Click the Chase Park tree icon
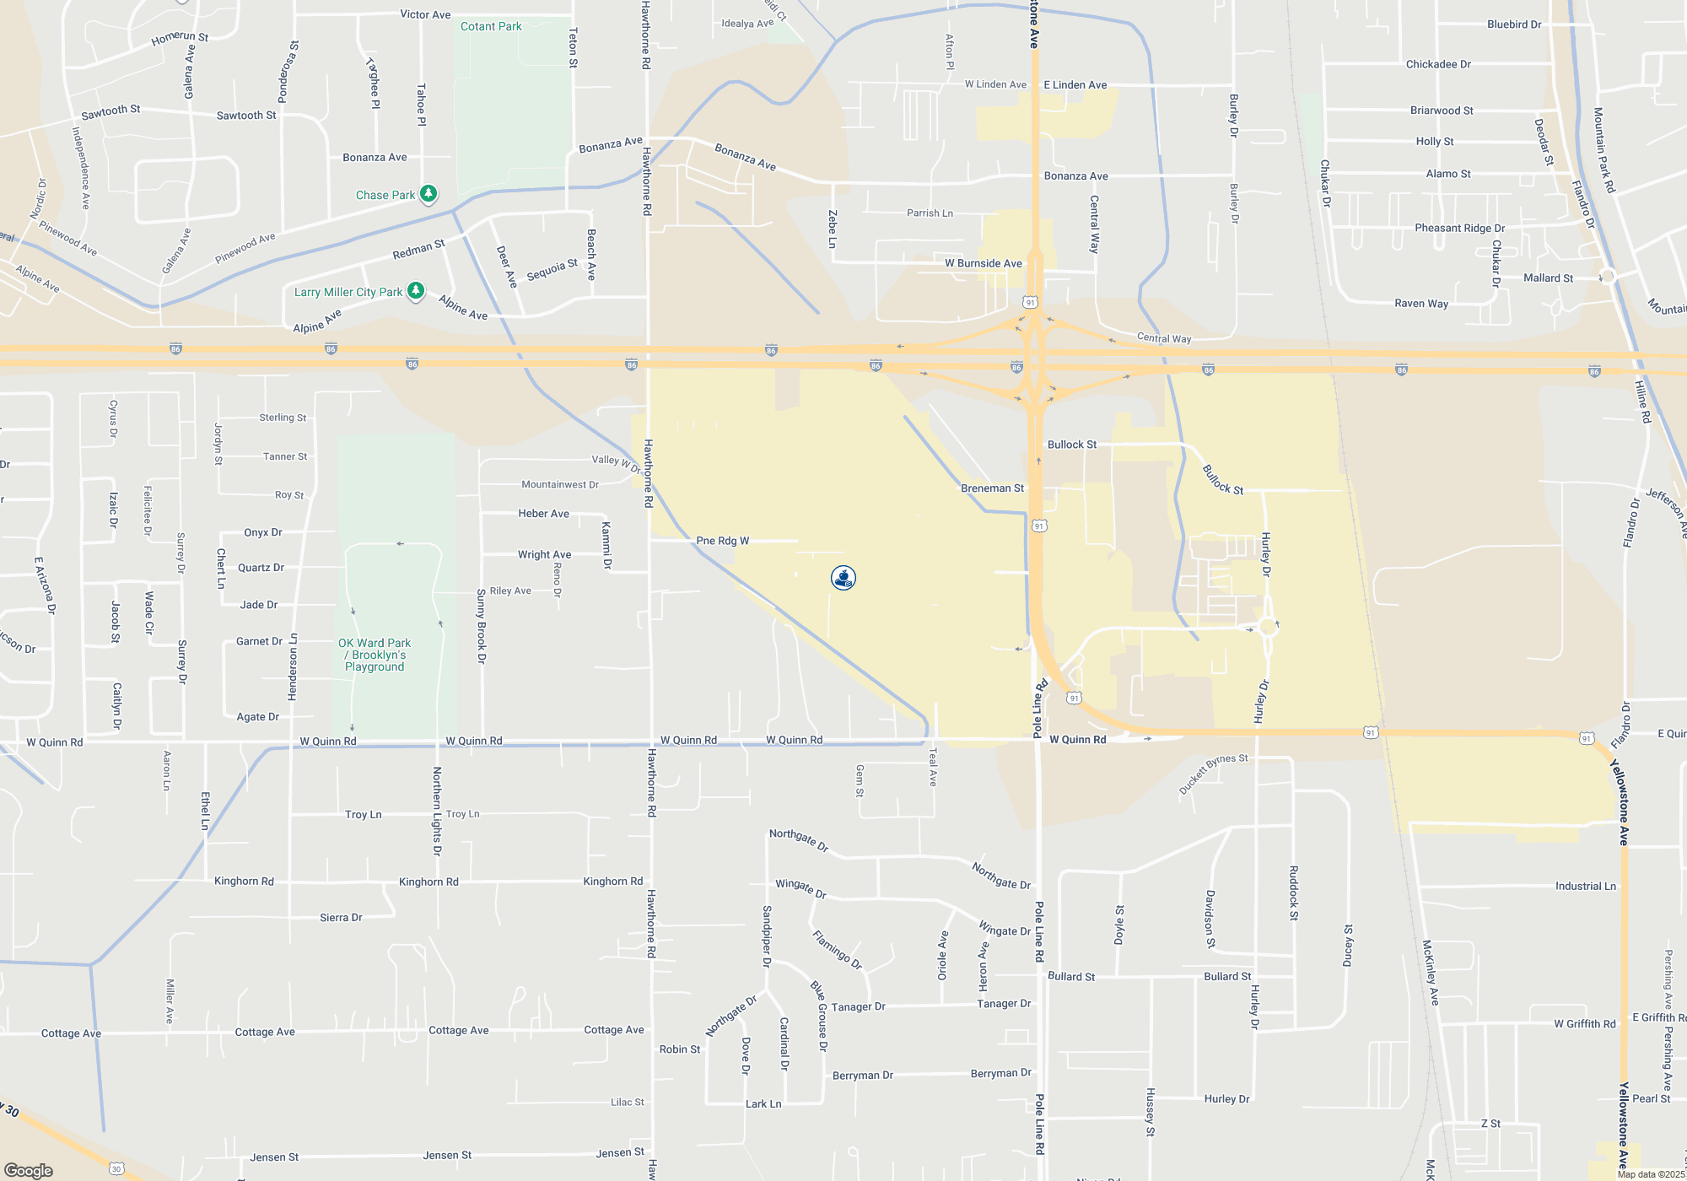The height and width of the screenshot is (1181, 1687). [428, 194]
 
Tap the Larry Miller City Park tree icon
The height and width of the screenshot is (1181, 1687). [416, 291]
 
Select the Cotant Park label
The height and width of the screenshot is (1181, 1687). [491, 26]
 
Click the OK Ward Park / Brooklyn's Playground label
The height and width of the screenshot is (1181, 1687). [375, 655]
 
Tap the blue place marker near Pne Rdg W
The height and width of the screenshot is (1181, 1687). [843, 578]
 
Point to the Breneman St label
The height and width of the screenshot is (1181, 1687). [992, 488]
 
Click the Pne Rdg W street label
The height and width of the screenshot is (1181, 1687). [722, 541]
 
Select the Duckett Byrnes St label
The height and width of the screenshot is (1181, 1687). [1213, 774]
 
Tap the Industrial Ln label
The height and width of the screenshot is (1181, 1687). [1586, 886]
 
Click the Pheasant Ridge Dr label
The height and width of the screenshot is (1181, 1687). [1459, 228]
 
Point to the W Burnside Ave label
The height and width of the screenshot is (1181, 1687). [983, 263]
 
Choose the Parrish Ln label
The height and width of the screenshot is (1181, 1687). [930, 213]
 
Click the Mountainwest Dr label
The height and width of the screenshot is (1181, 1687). [559, 484]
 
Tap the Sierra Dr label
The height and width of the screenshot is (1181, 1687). [341, 917]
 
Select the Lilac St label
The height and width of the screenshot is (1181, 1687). [627, 1102]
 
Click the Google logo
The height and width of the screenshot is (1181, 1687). [29, 1170]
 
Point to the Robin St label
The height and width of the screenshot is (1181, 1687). [679, 1049]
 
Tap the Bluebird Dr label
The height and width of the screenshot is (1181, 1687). [1514, 24]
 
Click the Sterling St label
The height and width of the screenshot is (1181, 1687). [283, 418]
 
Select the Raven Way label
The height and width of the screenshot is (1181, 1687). [1421, 304]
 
